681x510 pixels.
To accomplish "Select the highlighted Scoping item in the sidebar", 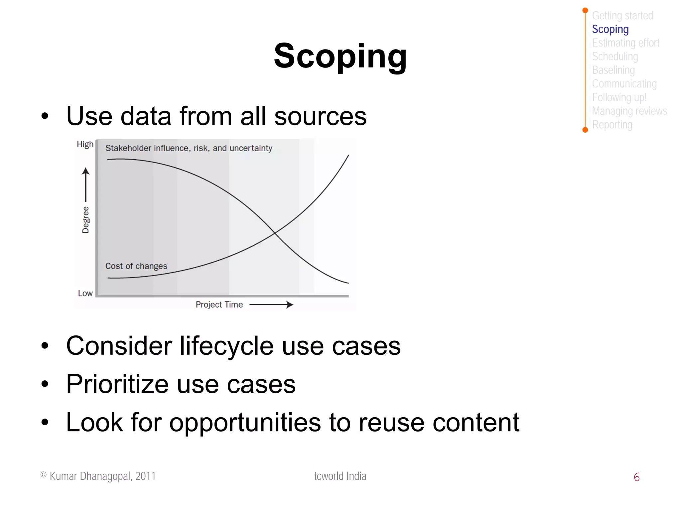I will (x=610, y=29).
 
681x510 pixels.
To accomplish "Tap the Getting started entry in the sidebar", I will (x=622, y=16).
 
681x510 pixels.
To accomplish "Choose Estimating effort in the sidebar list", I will (x=625, y=43).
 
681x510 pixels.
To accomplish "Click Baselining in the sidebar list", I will (x=613, y=70).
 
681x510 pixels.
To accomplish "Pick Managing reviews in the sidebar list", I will (x=629, y=111).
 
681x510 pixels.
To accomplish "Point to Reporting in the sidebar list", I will (x=612, y=125).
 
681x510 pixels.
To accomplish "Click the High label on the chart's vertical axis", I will (x=85, y=144).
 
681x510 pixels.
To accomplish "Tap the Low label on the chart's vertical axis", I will (x=85, y=293).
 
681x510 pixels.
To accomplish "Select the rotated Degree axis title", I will (x=85, y=220).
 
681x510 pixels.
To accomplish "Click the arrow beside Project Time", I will (x=271, y=305).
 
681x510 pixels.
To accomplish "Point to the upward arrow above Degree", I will (x=86, y=185).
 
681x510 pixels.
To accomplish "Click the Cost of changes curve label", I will (x=136, y=266).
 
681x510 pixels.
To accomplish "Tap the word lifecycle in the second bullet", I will (x=227, y=346).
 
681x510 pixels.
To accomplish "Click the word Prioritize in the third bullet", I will (x=117, y=384).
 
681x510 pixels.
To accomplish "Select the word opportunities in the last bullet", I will (x=245, y=423).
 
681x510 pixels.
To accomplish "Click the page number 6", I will (x=636, y=477).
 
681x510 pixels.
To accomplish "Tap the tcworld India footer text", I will (x=340, y=476).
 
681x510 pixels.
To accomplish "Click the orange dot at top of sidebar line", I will (x=585, y=10).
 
